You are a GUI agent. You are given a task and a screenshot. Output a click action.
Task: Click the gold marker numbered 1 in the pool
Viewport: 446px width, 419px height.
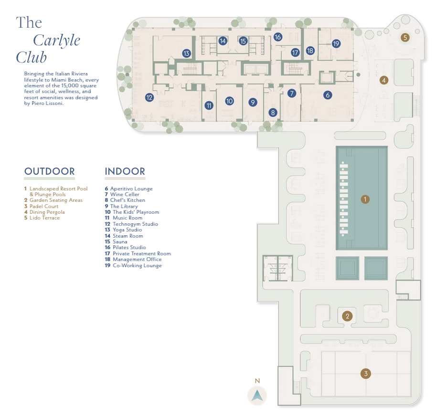pyautogui.click(x=365, y=199)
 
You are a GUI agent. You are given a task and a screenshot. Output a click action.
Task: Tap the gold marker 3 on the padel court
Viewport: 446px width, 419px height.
pyautogui.click(x=366, y=374)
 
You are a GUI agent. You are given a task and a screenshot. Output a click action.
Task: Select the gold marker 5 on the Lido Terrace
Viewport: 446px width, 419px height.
pyautogui.click(x=405, y=37)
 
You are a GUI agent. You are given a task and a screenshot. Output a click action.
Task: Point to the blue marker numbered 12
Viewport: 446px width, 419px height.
pyautogui.click(x=149, y=97)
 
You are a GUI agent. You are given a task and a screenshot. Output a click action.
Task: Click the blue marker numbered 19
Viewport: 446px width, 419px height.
pyautogui.click(x=336, y=43)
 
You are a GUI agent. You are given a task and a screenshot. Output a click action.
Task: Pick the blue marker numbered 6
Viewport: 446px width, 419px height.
pyautogui.click(x=328, y=95)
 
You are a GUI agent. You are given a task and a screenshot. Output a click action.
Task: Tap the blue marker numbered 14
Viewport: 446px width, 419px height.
pyautogui.click(x=223, y=41)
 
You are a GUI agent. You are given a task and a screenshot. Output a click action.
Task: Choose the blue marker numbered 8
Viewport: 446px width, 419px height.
pyautogui.click(x=273, y=113)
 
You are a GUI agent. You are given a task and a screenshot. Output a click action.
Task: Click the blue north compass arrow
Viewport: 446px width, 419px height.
pyautogui.click(x=257, y=395)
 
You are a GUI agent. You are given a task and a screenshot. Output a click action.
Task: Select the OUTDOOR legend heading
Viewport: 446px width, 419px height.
pyautogui.click(x=50, y=171)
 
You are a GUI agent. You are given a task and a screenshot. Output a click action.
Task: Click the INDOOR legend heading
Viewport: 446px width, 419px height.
pyautogui.click(x=125, y=171)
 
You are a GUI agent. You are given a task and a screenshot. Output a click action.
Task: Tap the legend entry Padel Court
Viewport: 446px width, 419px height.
pyautogui.click(x=44, y=206)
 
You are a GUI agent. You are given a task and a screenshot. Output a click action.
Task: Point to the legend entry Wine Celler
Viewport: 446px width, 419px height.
pyautogui.click(x=125, y=195)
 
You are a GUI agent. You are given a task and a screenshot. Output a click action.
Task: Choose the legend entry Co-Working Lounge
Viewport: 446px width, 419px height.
pyautogui.click(x=137, y=265)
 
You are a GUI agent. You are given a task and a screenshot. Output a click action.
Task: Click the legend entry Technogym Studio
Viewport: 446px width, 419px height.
pyautogui.click(x=135, y=224)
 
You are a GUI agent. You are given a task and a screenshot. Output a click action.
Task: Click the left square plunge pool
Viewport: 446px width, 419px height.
pyautogui.click(x=347, y=268)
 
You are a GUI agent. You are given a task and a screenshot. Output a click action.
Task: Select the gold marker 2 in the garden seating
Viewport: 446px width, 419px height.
pyautogui.click(x=348, y=315)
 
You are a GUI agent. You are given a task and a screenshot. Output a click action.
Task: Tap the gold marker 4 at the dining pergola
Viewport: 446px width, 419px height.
pyautogui.click(x=383, y=81)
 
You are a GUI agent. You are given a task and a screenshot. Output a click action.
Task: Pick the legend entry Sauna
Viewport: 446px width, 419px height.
pyautogui.click(x=120, y=241)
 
